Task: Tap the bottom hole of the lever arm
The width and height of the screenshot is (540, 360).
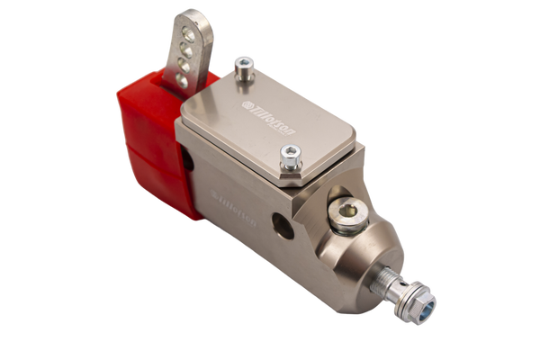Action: pyautogui.click(x=184, y=80)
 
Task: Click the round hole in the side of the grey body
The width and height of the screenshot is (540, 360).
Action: pyautogui.click(x=283, y=227)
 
